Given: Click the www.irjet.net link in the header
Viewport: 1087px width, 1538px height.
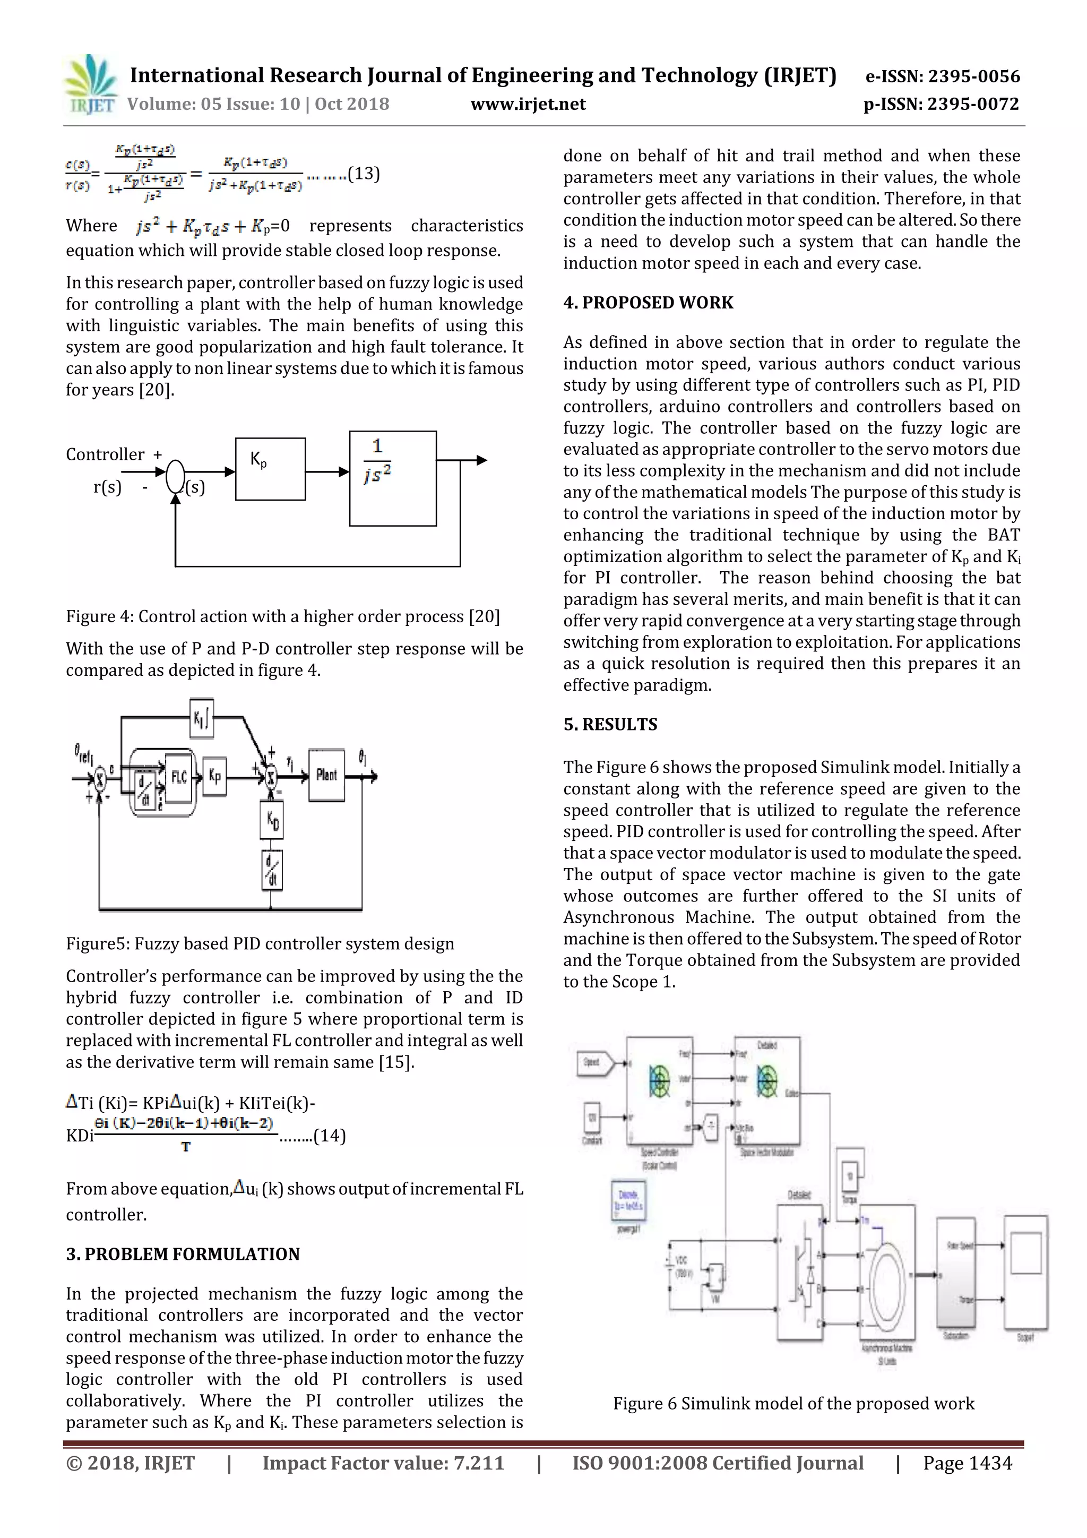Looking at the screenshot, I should (528, 104).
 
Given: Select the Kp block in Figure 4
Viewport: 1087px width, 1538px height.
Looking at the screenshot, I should (270, 469).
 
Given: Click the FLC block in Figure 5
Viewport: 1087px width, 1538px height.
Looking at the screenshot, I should (179, 777).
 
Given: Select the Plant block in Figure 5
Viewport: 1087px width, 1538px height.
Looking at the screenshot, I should (326, 775).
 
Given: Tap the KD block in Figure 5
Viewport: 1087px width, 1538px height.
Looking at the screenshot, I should (272, 821).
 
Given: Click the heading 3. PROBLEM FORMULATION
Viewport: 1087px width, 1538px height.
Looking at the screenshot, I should (183, 1254).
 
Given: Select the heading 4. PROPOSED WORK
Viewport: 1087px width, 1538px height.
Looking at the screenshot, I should (648, 303).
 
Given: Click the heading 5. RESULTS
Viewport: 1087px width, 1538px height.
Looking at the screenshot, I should (610, 724).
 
